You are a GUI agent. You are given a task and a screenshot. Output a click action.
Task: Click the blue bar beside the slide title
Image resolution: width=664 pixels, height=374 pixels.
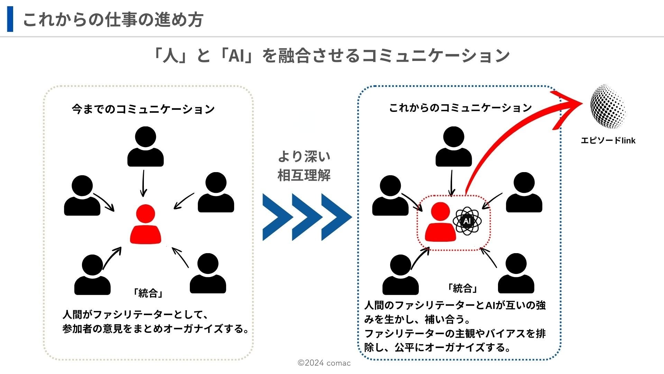10,19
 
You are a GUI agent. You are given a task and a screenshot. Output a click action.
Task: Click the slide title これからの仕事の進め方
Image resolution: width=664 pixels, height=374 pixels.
113,20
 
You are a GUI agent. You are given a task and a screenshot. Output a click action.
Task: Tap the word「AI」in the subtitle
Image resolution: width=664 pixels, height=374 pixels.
237,55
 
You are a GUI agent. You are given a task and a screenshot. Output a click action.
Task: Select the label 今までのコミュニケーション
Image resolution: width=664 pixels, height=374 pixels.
143,109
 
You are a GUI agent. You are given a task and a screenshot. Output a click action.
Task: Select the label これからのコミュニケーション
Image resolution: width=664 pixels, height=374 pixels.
460,108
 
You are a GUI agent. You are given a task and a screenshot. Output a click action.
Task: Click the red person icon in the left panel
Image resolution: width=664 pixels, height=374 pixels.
146,224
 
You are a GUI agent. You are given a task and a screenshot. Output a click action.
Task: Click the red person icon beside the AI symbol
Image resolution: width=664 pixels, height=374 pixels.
440,222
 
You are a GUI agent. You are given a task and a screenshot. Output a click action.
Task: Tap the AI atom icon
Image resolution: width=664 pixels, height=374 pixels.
467,221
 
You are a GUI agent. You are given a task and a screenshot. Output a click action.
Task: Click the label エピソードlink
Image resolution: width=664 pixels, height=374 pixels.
608,141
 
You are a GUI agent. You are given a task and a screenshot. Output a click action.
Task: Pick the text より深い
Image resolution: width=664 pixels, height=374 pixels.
304,157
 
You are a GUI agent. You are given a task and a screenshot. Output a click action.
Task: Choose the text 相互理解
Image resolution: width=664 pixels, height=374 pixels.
304,175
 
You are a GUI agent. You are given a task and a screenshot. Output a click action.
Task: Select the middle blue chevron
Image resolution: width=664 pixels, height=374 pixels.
306,217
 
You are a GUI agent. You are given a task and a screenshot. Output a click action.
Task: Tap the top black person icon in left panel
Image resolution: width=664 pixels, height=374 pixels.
146,147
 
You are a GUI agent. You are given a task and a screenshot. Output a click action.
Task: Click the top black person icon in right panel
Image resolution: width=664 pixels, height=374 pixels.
453,147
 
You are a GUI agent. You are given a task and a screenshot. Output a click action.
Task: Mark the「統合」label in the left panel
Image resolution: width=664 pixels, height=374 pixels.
148,293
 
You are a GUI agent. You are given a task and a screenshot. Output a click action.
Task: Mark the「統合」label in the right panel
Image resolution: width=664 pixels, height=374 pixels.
463,288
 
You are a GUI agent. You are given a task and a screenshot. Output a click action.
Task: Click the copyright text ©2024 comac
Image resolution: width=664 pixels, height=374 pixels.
324,363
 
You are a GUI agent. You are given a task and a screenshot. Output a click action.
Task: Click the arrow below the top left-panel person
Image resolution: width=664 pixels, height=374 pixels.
144,183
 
